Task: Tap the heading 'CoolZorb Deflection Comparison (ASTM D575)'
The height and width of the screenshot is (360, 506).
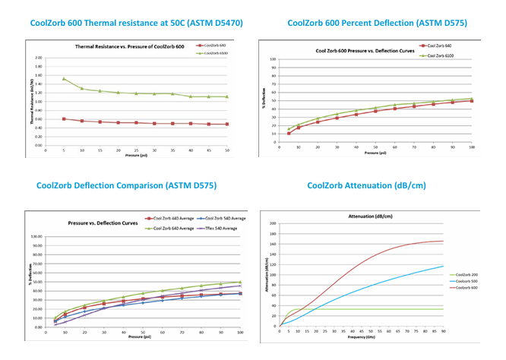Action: [x=127, y=185]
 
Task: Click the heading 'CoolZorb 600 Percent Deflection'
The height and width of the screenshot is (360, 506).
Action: [x=378, y=23]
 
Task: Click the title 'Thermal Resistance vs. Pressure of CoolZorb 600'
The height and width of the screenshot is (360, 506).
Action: [x=129, y=47]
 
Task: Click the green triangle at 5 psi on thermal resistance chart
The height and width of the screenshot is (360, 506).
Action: [x=64, y=78]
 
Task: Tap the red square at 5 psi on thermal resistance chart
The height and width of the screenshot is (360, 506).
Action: [x=64, y=118]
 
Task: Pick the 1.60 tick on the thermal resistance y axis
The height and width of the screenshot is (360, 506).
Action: [x=38, y=75]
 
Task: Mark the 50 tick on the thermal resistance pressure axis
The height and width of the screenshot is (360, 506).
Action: [x=226, y=150]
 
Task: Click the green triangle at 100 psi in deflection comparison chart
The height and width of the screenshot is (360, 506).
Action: [x=240, y=282]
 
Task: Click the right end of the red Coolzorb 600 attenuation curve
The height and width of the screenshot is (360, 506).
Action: [x=465, y=241]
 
